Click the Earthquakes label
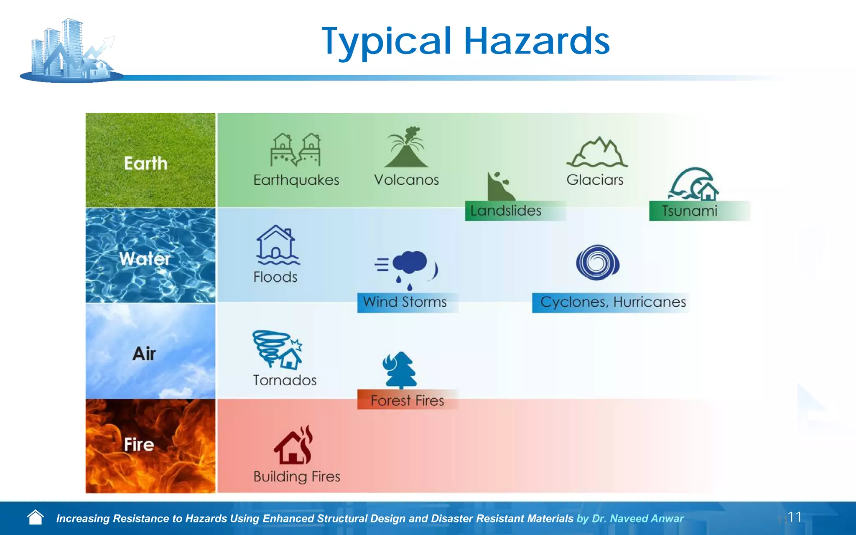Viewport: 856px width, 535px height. pyautogui.click(x=296, y=180)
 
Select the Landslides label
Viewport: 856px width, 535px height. pyautogui.click(x=506, y=211)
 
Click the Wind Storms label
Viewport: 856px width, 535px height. pyautogui.click(x=405, y=302)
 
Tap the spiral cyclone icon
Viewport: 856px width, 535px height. pyautogui.click(x=597, y=262)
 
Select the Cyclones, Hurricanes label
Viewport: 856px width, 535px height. pyautogui.click(x=613, y=302)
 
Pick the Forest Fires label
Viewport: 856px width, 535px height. pyautogui.click(x=407, y=400)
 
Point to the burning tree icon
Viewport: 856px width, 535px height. pyautogui.click(x=400, y=369)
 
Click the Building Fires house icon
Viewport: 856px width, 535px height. pyautogui.click(x=294, y=446)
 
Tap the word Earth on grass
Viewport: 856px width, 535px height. pyautogui.click(x=145, y=163)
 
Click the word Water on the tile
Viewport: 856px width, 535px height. pyautogui.click(x=145, y=259)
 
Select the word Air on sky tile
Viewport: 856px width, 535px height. pyautogui.click(x=144, y=354)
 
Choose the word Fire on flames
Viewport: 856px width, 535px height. pyautogui.click(x=139, y=444)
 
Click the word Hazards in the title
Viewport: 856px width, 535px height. pyautogui.click(x=537, y=41)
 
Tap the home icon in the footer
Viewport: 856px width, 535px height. pyautogui.click(x=36, y=517)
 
